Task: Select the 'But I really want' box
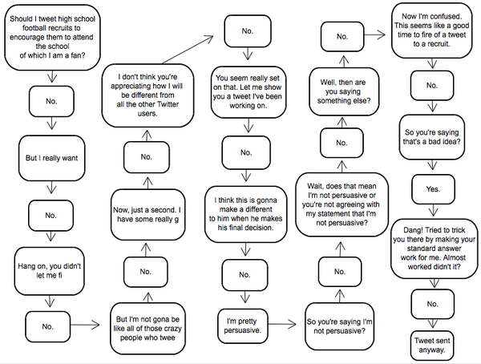[52, 159]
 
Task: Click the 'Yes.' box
[434, 188]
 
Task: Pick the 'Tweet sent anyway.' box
[434, 343]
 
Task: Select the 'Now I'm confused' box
[434, 30]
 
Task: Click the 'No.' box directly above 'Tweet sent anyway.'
[434, 304]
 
